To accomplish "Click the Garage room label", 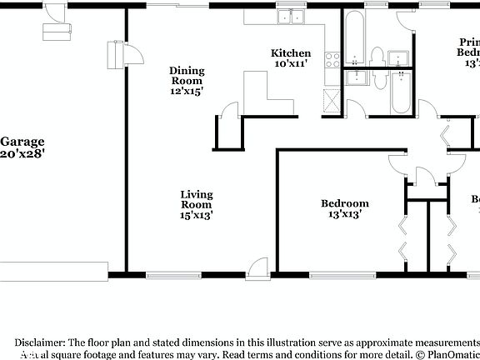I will tap(22, 142).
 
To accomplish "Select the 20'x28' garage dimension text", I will tap(22, 153).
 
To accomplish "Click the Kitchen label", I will tap(292, 52).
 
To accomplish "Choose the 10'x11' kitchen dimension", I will tap(292, 63).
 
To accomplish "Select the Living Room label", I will tap(197, 199).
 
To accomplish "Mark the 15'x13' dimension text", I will tap(197, 215).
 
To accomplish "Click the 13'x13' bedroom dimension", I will tap(345, 213).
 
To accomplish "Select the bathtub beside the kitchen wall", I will tap(353, 37).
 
